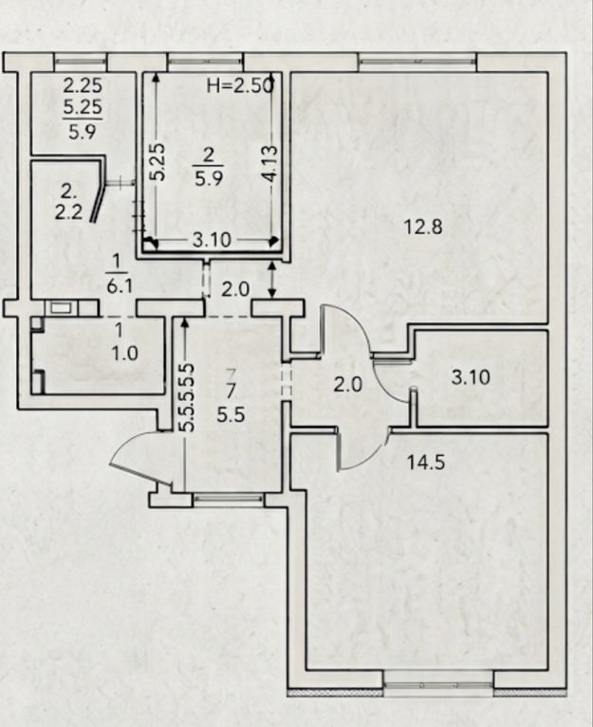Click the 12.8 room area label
[423, 227]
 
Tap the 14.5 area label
[426, 463]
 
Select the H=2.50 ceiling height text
[241, 85]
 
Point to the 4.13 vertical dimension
[269, 164]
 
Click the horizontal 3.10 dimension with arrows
[212, 241]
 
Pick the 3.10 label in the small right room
[471, 377]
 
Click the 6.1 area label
[120, 286]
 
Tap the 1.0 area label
[125, 354]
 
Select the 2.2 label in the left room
[68, 212]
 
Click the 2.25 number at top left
[83, 85]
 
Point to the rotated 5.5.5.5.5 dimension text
[186, 397]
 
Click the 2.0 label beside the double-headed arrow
[235, 289]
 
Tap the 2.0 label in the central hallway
[348, 385]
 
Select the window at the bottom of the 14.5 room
[438, 685]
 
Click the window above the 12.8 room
[417, 62]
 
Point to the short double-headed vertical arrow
[272, 279]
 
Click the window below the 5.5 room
[228, 500]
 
